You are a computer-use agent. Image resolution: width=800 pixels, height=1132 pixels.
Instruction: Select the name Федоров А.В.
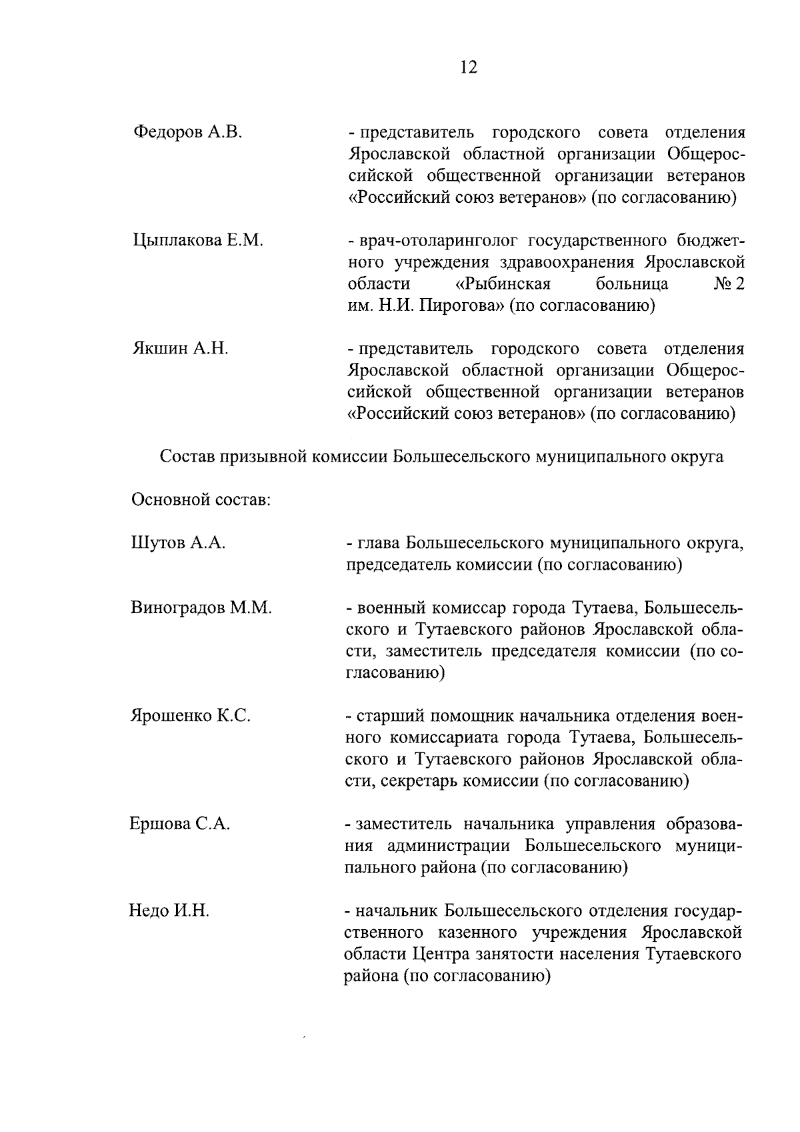click(x=188, y=132)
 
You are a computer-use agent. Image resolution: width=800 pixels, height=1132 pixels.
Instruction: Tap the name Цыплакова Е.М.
click(x=199, y=240)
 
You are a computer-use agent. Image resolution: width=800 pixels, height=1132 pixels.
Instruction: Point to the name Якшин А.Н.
click(x=180, y=348)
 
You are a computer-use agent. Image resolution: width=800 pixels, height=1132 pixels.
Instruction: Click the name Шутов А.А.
click(x=178, y=543)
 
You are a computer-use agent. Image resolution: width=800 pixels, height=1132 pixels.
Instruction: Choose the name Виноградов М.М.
click(x=201, y=608)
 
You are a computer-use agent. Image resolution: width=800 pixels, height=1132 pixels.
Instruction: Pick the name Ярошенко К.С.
click(x=190, y=716)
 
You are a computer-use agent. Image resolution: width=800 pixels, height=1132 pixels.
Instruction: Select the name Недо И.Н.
click(x=169, y=911)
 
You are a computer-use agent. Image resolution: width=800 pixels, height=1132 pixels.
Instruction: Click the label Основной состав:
click(x=201, y=500)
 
